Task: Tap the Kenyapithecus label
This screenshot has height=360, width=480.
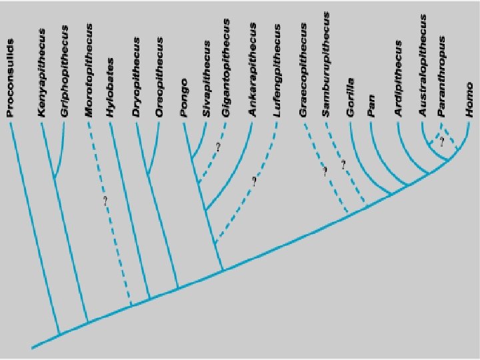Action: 42,73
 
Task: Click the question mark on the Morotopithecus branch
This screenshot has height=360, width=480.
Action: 105,200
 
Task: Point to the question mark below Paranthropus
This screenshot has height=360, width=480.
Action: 441,140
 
